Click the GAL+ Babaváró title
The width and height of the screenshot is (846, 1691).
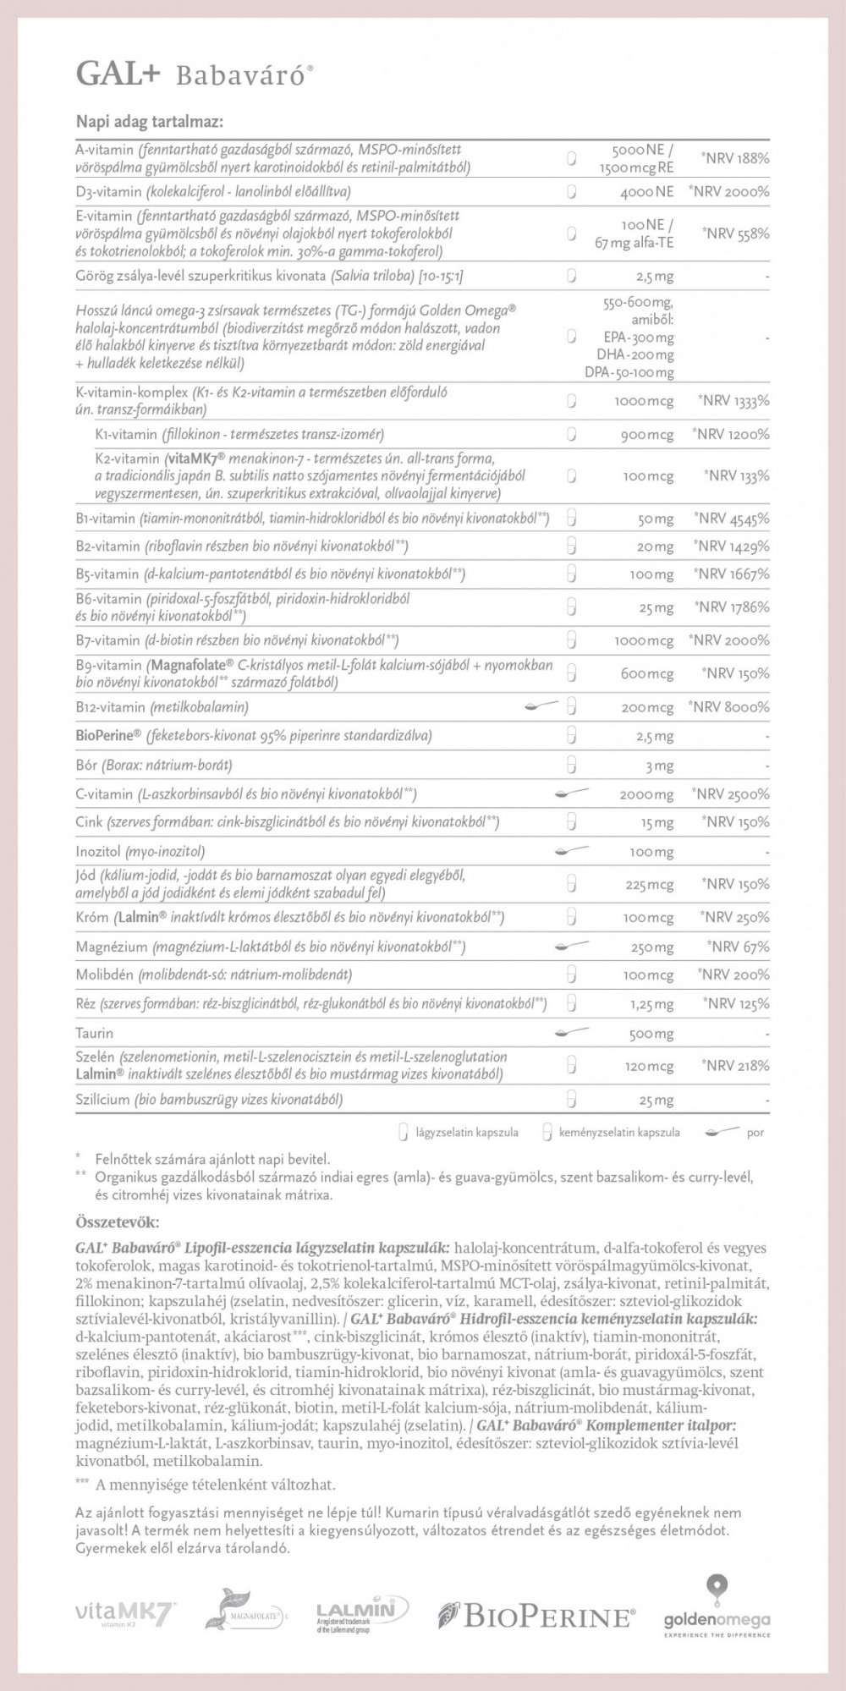pyautogui.click(x=195, y=75)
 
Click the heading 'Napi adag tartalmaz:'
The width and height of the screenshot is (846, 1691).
pyautogui.click(x=150, y=122)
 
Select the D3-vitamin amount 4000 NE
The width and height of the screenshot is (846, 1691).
pyautogui.click(x=647, y=192)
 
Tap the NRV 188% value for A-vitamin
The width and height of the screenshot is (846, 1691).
pyautogui.click(x=734, y=158)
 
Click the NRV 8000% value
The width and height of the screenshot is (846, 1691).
pyautogui.click(x=729, y=707)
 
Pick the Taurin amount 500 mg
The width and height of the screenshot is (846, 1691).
pyautogui.click(x=651, y=1034)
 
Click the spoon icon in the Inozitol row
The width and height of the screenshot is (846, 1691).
pyautogui.click(x=571, y=851)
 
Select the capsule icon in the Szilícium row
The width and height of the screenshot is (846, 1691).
pyautogui.click(x=572, y=1100)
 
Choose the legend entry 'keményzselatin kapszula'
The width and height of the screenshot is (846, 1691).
pyautogui.click(x=618, y=1132)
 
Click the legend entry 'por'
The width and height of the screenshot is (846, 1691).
pyautogui.click(x=755, y=1132)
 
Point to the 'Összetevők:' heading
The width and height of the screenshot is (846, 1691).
pyautogui.click(x=117, y=1222)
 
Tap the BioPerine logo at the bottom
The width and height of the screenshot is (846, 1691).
pyautogui.click(x=536, y=1617)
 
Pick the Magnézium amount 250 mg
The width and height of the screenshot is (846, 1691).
pyautogui.click(x=651, y=947)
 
